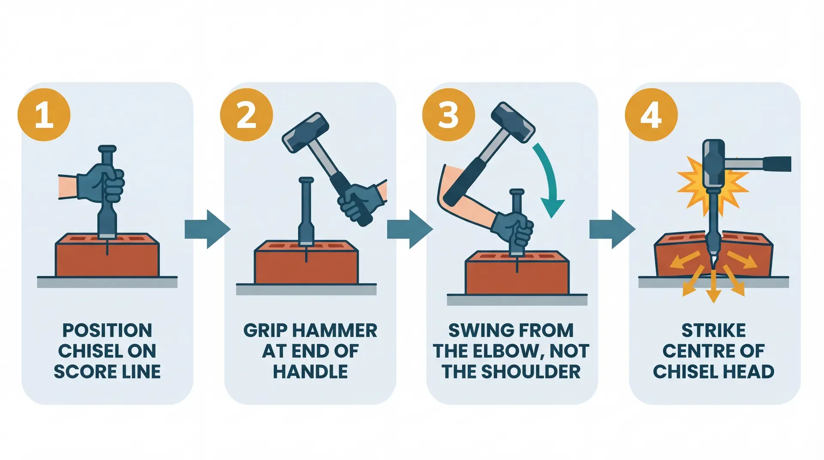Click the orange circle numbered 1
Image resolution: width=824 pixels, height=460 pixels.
44,115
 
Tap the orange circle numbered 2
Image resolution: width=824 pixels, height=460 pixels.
246,115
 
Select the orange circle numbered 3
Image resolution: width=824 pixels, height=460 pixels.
448,115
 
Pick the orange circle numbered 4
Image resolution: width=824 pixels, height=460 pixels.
651,115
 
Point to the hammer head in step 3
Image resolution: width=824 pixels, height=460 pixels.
513,122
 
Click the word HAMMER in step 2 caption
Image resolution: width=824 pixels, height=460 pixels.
339,330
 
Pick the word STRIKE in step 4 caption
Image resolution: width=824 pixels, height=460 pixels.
713,330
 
